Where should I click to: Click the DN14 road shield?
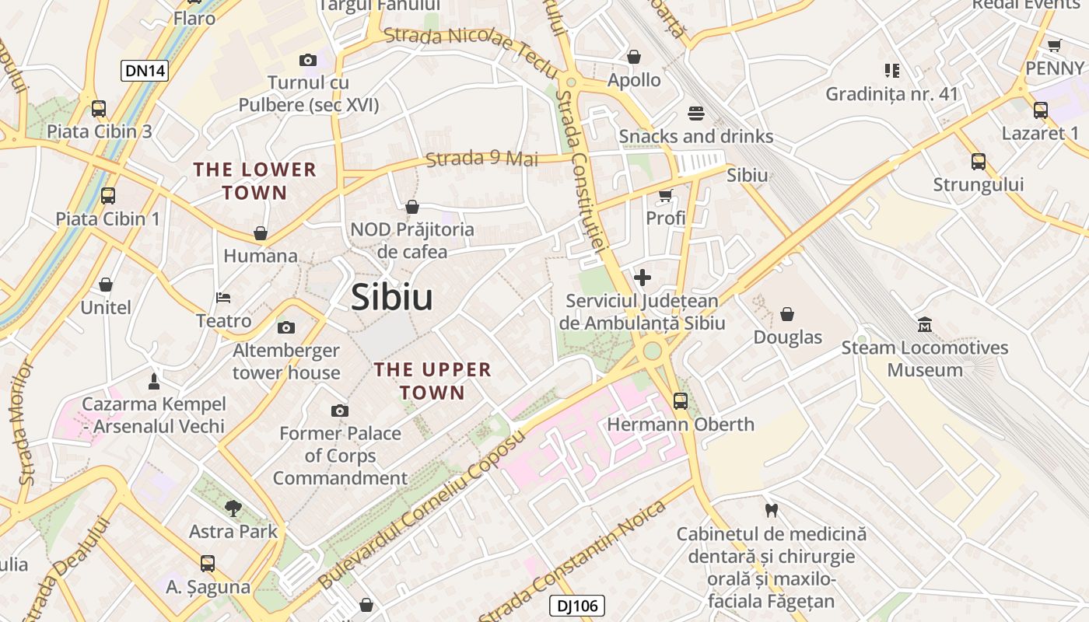(145, 71)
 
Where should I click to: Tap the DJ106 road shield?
(576, 606)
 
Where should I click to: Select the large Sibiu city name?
(391, 297)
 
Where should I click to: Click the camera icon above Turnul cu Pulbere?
(308, 60)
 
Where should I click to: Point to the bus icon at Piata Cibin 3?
(99, 109)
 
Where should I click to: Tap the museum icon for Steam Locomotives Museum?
(925, 324)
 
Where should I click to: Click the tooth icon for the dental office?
(771, 511)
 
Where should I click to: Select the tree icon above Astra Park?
(233, 508)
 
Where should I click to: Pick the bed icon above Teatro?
(223, 298)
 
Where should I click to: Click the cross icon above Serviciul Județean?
(643, 278)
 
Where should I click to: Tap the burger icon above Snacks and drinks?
(695, 114)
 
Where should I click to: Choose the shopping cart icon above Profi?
(665, 195)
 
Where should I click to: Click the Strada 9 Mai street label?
(481, 159)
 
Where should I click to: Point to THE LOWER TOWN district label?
(255, 180)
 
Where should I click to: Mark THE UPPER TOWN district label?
(432, 381)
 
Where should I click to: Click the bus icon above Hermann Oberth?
(681, 401)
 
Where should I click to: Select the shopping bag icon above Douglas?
(787, 314)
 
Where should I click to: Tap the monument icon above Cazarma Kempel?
(153, 381)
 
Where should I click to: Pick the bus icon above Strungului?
(979, 162)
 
